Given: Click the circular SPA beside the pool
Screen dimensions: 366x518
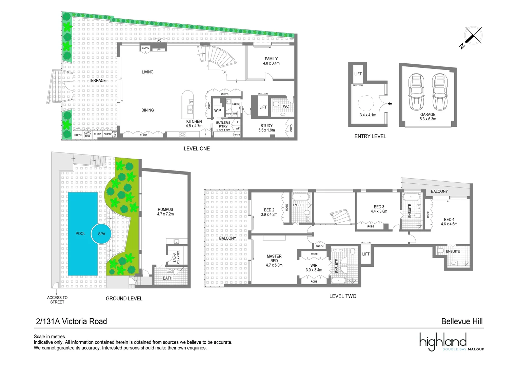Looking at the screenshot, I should point(101,233).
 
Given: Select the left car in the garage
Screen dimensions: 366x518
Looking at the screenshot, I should point(416,92).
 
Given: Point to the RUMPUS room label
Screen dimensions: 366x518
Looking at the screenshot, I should point(165,210).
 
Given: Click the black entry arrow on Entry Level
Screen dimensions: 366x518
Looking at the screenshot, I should point(390,104).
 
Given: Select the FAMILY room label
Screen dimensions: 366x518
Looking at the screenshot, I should point(271,59).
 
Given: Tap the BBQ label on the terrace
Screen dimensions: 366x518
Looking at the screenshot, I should point(87,136).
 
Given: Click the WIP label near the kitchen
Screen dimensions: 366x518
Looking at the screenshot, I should point(218,110).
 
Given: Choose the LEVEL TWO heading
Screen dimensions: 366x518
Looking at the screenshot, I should point(343,296).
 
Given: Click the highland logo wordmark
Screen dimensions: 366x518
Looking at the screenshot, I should point(443,341).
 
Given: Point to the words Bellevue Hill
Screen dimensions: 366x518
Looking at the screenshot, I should point(462,321).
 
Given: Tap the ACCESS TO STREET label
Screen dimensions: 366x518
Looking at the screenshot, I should point(57,300).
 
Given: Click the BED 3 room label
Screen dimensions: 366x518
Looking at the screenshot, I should point(379,207).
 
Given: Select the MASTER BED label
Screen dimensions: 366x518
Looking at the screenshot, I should point(274,259).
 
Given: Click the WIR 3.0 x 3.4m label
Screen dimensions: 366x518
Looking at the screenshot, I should point(314,268).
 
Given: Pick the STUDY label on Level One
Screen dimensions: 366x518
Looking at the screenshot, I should point(266,126).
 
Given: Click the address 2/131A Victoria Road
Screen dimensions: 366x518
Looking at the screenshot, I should point(72,321).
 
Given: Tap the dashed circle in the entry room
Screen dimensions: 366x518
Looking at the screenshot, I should point(366,103).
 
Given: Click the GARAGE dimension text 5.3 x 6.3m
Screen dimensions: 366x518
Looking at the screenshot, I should point(428,119).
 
